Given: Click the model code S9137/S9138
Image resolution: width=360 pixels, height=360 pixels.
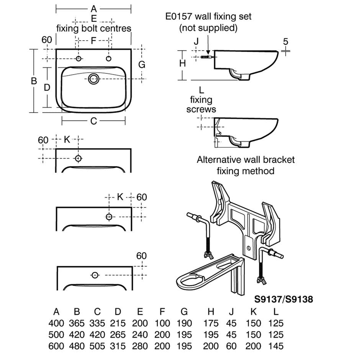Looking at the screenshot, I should [x=284, y=299].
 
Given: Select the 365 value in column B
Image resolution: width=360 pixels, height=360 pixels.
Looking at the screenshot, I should [x=77, y=323].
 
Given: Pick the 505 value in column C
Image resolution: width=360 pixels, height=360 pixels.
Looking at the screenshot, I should [x=97, y=346].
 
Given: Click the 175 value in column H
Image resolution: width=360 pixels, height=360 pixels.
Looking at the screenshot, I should [x=211, y=323].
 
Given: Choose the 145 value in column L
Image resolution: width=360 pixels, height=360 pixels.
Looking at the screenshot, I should [x=276, y=346].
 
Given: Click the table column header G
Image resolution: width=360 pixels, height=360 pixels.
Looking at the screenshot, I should [x=184, y=311].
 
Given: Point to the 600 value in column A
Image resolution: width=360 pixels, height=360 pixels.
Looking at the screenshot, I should [x=56, y=346].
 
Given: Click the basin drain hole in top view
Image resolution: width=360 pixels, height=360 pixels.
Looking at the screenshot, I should [x=93, y=79].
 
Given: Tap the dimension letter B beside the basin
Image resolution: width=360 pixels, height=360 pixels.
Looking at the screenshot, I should [x=34, y=81].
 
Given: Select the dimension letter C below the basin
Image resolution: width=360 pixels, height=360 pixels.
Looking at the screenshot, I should [x=93, y=121].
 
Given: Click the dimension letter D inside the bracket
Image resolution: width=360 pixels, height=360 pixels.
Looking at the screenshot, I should [x=47, y=87].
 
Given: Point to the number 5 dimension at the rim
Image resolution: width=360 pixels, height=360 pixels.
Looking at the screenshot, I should [x=285, y=41].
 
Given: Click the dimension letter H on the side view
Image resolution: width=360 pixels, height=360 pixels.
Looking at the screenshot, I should [x=182, y=63].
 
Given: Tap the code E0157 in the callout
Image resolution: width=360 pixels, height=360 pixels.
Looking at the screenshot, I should [x=179, y=16].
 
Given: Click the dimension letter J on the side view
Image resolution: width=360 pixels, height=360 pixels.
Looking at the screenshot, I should [x=196, y=41].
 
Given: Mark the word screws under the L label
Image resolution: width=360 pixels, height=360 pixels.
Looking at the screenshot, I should [x=201, y=109].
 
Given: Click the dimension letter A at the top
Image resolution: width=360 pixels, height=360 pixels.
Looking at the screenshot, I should [x=93, y=8].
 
